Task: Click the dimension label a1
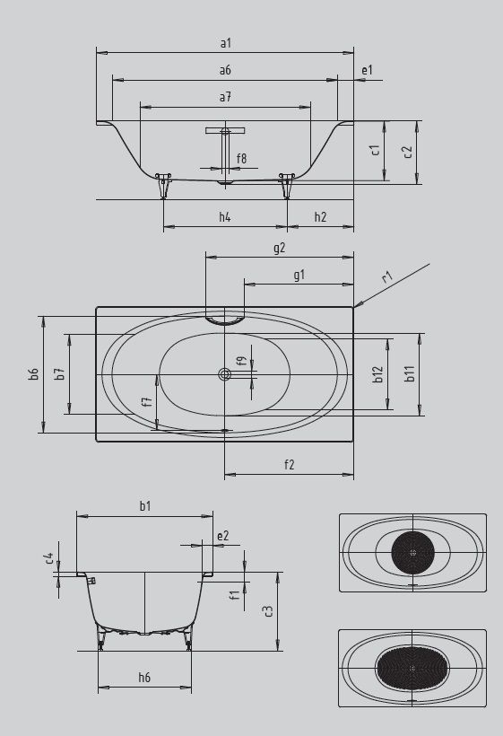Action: click(225, 43)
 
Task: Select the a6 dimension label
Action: click(225, 70)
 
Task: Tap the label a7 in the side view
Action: click(225, 96)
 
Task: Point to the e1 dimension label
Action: click(367, 70)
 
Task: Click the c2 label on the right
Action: click(408, 152)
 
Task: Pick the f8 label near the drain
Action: click(241, 159)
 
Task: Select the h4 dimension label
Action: click(225, 216)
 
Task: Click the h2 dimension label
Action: click(320, 216)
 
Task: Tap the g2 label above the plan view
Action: click(279, 248)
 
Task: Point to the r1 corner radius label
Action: click(387, 278)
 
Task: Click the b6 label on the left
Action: click(34, 373)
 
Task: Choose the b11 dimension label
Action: click(408, 373)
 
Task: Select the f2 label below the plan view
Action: click(289, 464)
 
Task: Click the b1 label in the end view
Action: click(144, 506)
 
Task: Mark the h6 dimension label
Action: click(144, 678)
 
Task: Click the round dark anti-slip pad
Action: click(412, 552)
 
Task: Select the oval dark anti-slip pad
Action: click(412, 668)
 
